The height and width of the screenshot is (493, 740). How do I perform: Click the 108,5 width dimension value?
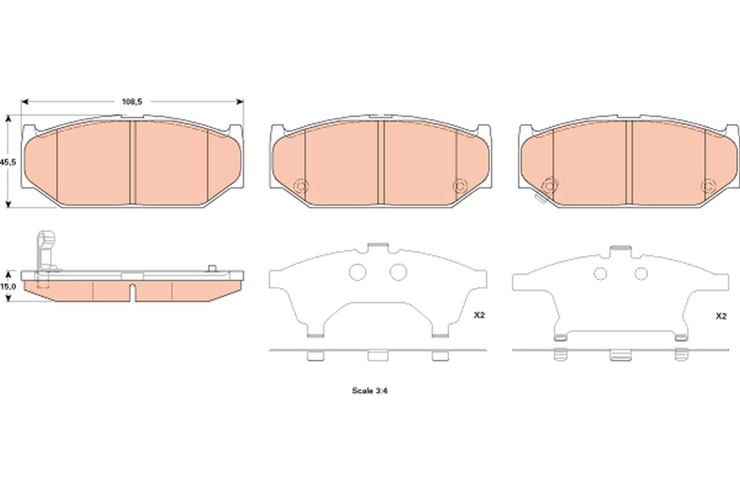pyautogui.click(x=132, y=102)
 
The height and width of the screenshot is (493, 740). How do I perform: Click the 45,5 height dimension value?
pyautogui.click(x=8, y=162)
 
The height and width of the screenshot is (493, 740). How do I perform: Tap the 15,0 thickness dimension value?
pyautogui.click(x=8, y=287)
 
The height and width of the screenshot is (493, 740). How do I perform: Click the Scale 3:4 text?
pyautogui.click(x=369, y=391)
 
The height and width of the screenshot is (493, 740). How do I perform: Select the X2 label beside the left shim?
pyautogui.click(x=479, y=315)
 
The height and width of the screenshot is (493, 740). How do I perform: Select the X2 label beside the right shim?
pyautogui.click(x=721, y=316)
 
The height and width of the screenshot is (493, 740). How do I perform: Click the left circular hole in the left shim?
pyautogui.click(x=358, y=272)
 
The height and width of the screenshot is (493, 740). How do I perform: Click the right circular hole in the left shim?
pyautogui.click(x=398, y=272)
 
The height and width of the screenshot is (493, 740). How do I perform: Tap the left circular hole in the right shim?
pyautogui.click(x=600, y=274)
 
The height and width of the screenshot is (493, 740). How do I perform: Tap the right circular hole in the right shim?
pyautogui.click(x=641, y=274)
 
